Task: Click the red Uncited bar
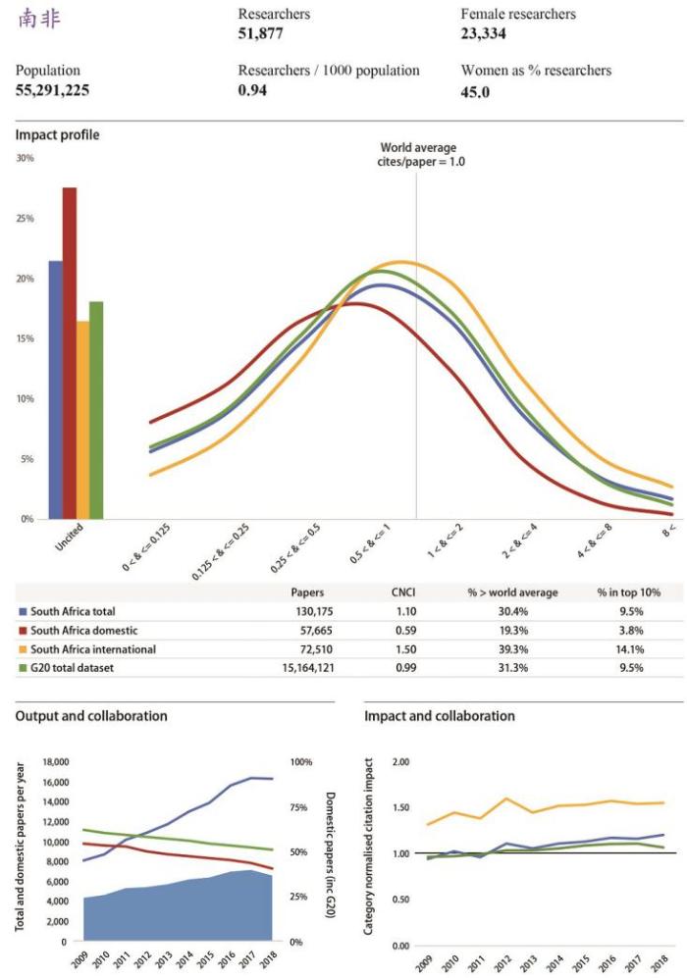(70, 353)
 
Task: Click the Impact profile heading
(58, 134)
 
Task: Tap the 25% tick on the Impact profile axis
(25, 218)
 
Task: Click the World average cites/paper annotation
(418, 154)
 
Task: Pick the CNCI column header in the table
(405, 592)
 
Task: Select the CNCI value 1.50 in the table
(406, 649)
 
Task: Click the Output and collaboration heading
(91, 716)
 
